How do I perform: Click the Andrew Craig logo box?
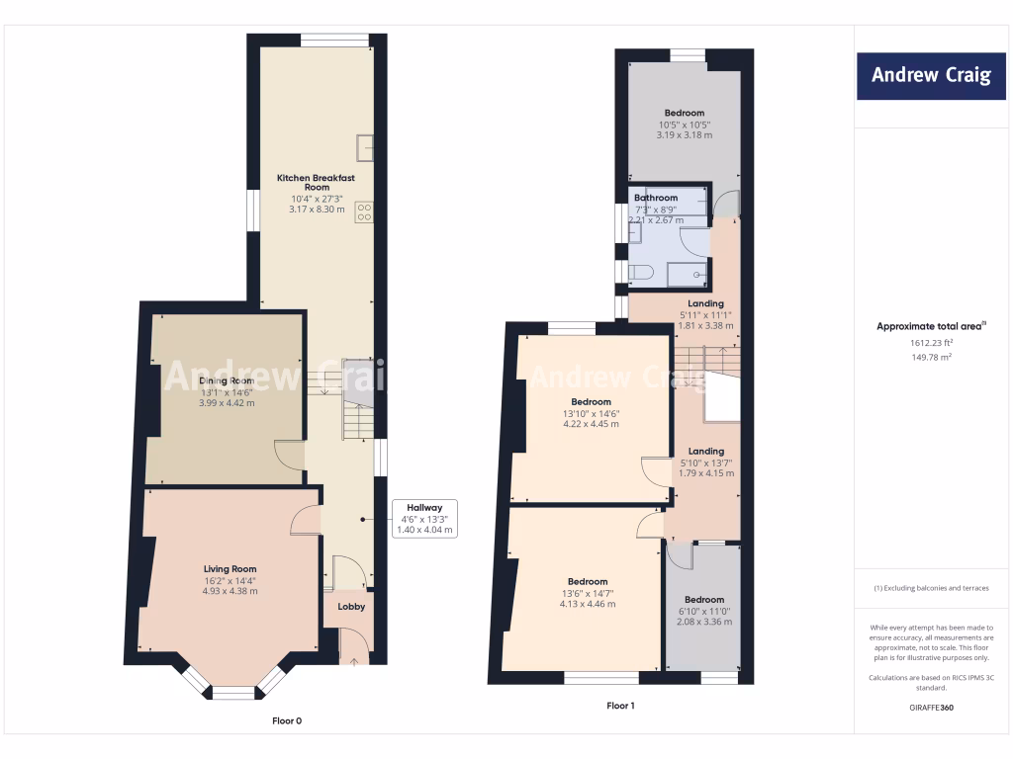pos(930,75)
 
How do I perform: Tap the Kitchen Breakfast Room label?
pos(316,183)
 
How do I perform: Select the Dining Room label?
pos(227,381)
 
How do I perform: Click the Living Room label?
pos(230,569)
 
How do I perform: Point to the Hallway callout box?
pos(424,518)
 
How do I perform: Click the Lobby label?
pos(351,607)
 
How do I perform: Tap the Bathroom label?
pos(656,198)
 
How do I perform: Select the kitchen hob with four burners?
pos(364,211)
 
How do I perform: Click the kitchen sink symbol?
pos(366,145)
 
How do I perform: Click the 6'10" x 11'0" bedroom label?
pos(704,600)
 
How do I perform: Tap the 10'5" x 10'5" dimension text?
pos(684,125)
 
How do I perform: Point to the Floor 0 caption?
pos(287,720)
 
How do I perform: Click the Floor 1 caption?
pos(620,706)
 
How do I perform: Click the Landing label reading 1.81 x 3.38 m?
pos(706,303)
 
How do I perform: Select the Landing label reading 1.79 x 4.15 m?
pos(706,452)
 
